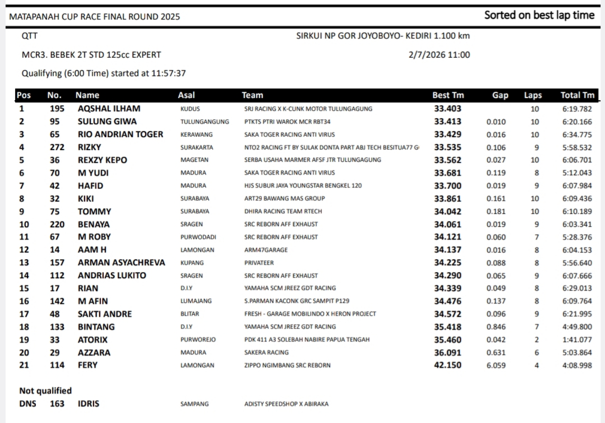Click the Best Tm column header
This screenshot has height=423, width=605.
[448, 95]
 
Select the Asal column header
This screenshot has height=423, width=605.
[186, 95]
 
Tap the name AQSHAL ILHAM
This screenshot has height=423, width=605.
[109, 109]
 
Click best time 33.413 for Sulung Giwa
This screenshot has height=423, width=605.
[448, 122]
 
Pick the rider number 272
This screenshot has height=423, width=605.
[57, 147]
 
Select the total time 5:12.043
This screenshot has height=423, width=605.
[577, 173]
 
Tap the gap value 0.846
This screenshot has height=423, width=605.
[496, 326]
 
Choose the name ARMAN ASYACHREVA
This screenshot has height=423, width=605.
[121, 263]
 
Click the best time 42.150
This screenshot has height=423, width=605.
[448, 365]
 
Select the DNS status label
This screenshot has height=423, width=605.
[27, 404]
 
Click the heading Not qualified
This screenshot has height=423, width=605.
[45, 391]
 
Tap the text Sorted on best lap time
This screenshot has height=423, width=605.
[539, 15]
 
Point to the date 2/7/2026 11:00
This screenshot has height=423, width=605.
[439, 55]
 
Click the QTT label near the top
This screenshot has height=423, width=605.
[29, 36]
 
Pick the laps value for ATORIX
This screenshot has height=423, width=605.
[536, 340]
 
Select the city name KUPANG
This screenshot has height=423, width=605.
[192, 263]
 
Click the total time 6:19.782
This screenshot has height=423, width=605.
[577, 109]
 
